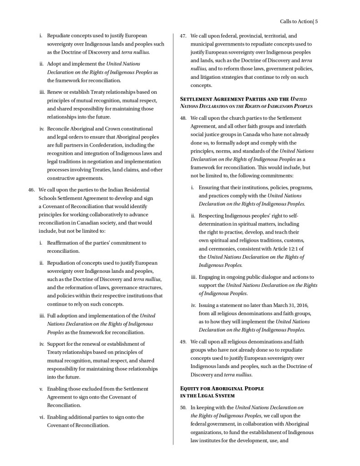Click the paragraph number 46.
tap(32, 189)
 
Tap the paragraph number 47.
tap(183, 36)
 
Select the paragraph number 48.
tap(183, 118)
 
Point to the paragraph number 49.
tap(183, 342)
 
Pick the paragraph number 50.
tap(183, 407)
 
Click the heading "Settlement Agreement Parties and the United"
tap(243, 99)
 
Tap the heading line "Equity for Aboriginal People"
tap(222, 388)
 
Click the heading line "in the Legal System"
tap(208, 395)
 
